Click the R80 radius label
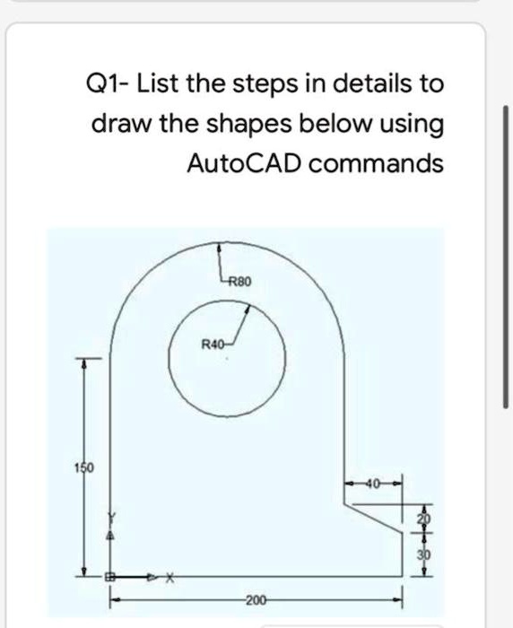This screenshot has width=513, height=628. [242, 282]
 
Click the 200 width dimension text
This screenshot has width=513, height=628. [256, 597]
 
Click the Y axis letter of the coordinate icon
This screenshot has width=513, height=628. [112, 518]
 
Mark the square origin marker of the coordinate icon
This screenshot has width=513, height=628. [111, 579]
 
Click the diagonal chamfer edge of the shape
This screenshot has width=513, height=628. [377, 518]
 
